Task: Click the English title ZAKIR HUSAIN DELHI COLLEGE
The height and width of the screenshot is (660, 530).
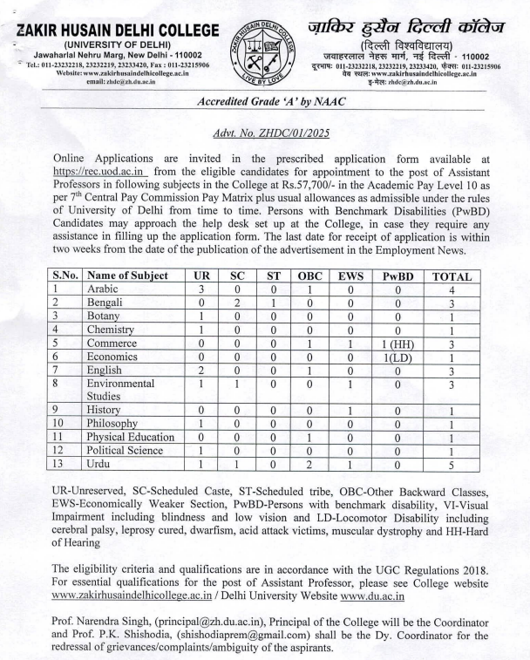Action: [x=109, y=17]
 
